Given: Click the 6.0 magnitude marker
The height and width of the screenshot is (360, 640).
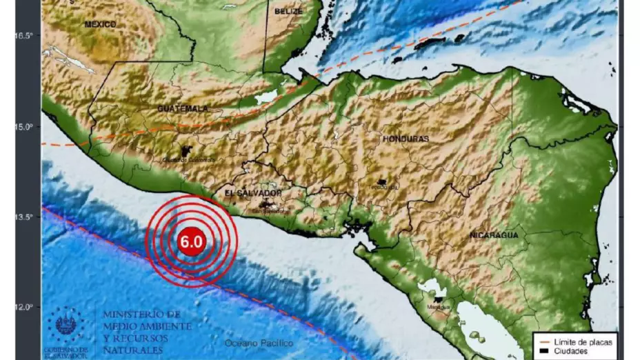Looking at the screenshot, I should click(x=191, y=242).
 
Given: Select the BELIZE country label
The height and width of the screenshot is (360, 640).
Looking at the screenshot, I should click(x=288, y=12).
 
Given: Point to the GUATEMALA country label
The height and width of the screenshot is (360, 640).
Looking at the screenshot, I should click(x=182, y=109).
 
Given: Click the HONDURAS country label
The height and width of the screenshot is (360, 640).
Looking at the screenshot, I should click(x=406, y=139).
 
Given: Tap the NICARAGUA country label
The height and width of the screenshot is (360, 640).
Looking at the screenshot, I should click(x=494, y=235).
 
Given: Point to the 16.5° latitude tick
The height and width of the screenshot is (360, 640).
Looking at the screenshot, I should click(x=25, y=36).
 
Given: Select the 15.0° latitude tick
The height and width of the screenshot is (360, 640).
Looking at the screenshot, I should click(x=25, y=127).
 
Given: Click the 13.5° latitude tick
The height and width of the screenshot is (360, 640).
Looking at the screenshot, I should click(x=25, y=217).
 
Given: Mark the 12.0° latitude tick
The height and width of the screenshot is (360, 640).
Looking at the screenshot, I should click(x=25, y=307).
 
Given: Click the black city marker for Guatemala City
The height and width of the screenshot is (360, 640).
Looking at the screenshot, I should click(x=185, y=151).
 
